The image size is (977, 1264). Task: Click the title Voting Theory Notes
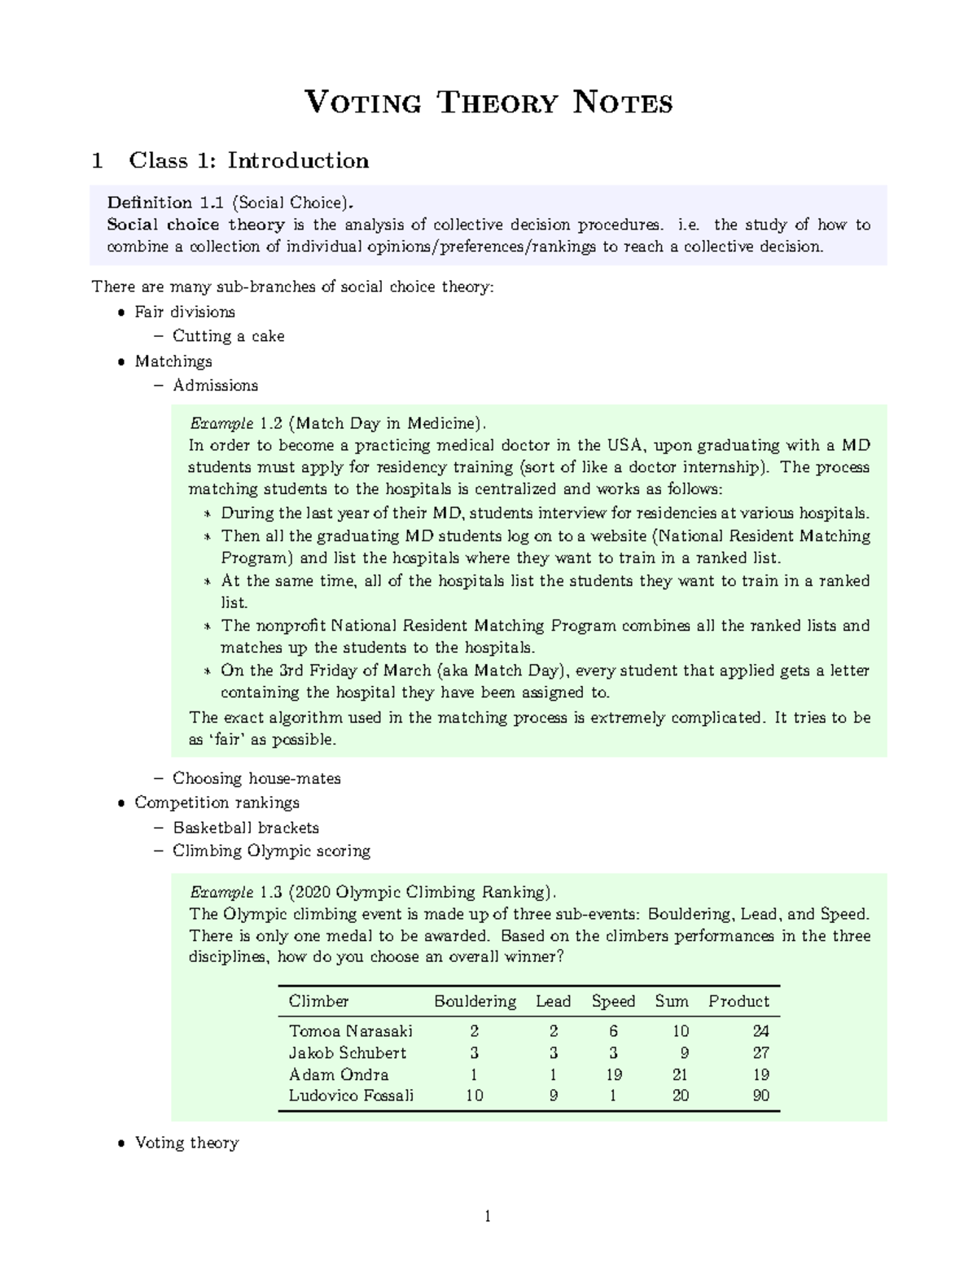[488, 103]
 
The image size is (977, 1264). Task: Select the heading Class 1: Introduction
[248, 160]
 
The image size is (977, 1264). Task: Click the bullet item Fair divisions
[185, 312]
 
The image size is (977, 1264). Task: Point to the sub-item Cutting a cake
[228, 336]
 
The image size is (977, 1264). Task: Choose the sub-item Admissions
[215, 385]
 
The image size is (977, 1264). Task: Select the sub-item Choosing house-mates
[256, 778]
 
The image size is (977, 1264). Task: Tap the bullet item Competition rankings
[217, 803]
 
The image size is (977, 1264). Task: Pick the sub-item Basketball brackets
[245, 828]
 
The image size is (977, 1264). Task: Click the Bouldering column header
[475, 1001]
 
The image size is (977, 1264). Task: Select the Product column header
[738, 1001]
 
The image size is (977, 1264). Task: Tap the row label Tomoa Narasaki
[351, 1031]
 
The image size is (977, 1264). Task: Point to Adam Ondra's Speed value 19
[613, 1074]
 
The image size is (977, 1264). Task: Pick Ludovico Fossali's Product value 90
[760, 1096]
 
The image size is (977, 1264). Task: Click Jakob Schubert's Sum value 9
[684, 1052]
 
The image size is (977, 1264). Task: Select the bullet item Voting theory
[186, 1143]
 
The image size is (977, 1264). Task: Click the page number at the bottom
[488, 1218]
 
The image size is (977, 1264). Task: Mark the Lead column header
[553, 1001]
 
